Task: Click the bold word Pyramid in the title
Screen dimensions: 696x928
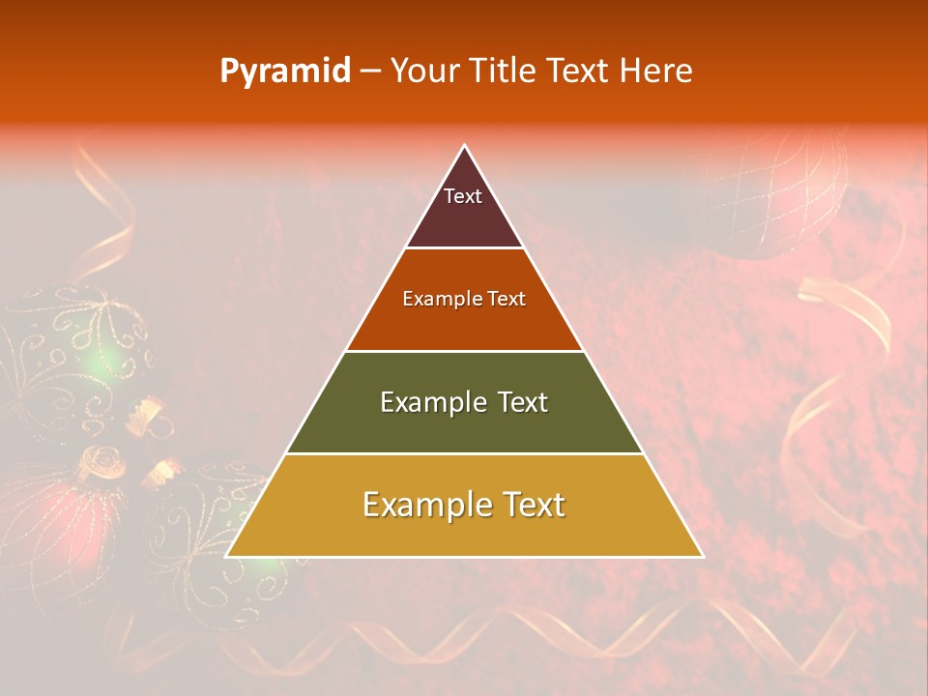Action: tap(284, 71)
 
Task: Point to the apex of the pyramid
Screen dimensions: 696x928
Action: tap(464, 147)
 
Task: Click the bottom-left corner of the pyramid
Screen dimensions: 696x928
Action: tap(228, 556)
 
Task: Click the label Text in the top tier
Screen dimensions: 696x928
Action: tap(462, 196)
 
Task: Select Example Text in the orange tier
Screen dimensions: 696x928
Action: tap(464, 299)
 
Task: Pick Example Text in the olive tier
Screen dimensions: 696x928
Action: tap(464, 402)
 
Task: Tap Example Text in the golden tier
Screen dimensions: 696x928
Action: tap(464, 505)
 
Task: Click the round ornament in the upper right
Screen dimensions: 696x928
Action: tap(778, 193)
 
